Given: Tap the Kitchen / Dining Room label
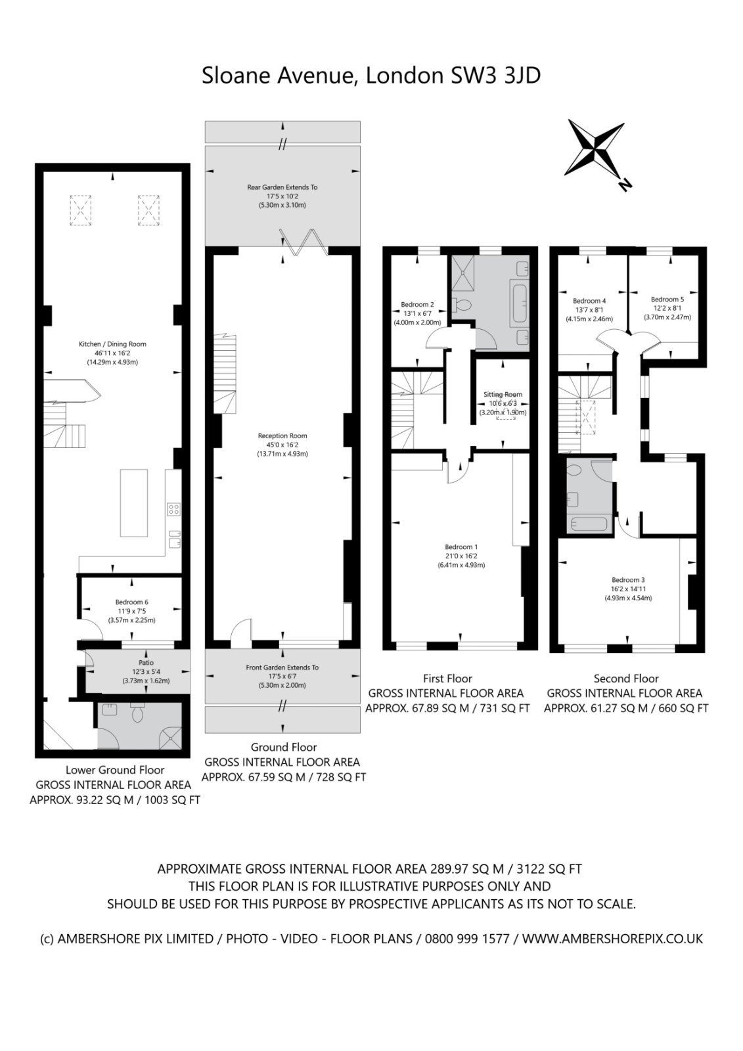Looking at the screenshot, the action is pyautogui.click(x=112, y=344).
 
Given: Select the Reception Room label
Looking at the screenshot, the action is pyautogui.click(x=282, y=436).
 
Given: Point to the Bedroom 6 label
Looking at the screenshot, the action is pyautogui.click(x=132, y=602).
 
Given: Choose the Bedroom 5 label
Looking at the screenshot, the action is pyautogui.click(x=667, y=300).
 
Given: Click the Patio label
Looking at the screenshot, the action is pyautogui.click(x=146, y=663).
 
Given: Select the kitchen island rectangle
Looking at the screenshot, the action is pyautogui.click(x=134, y=503).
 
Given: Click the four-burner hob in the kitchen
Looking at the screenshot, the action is pyautogui.click(x=173, y=510).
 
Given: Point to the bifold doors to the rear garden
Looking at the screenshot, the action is pyautogui.click(x=304, y=242).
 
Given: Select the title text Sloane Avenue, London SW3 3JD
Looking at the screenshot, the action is pyautogui.click(x=371, y=76).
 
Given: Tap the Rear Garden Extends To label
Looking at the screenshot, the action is pyautogui.click(x=282, y=187).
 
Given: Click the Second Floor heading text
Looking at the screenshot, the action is pyautogui.click(x=626, y=679).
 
